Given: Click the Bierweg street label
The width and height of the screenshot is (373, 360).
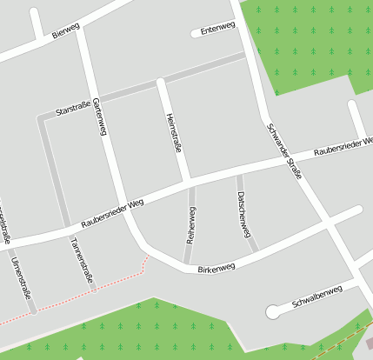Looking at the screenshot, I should click(65, 31).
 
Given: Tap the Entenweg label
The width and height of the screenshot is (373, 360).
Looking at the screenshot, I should click(217, 28).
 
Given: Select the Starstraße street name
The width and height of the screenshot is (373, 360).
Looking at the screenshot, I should click(72, 110).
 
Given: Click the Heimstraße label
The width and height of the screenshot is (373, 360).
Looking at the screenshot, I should click(173, 134).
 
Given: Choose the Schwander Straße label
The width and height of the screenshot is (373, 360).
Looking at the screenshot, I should click(284, 150).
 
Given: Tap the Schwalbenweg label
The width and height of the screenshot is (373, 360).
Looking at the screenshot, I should click(317, 297).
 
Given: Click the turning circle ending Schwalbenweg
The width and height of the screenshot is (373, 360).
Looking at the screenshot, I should click(274, 310).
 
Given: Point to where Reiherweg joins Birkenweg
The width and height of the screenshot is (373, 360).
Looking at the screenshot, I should click(187, 264).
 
